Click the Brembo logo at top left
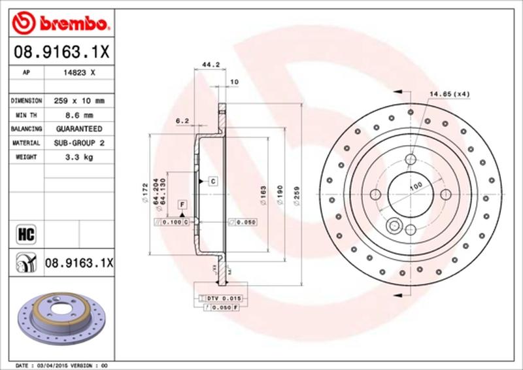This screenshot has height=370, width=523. point(59,25)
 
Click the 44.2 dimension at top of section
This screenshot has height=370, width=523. point(210,65)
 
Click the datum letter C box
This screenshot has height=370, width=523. point(212,180)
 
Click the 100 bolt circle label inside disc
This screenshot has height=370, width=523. point(415,188)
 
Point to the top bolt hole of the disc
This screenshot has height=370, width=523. point(411,159)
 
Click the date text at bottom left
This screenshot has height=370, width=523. point(59,364)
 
